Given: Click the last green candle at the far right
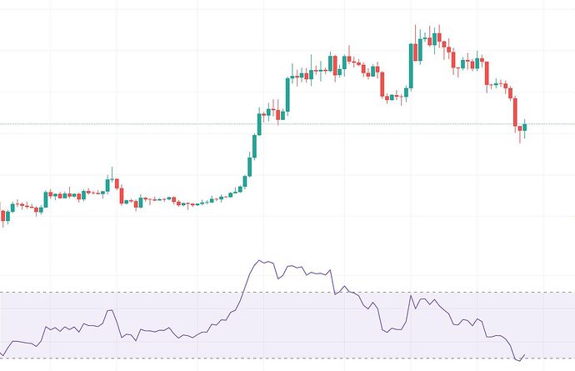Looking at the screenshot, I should (525, 126).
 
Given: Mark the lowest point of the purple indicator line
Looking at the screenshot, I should (517, 360).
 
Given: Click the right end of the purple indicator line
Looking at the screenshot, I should (526, 355).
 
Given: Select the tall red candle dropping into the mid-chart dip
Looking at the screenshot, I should (382, 83).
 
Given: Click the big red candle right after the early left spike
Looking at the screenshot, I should (122, 195).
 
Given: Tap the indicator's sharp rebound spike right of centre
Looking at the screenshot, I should (410, 295).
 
